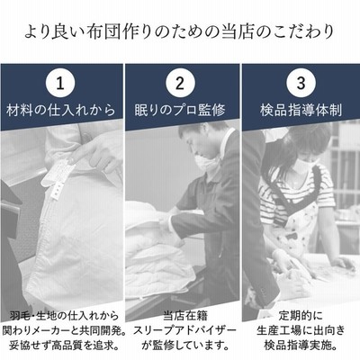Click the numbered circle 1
click(x=60, y=84)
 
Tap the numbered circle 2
click(x=180, y=84)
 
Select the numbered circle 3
click(x=301, y=84)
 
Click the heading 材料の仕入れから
click(x=61, y=110)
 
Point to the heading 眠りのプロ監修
click(x=180, y=110)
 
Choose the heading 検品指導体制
click(x=301, y=110)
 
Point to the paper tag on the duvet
click(x=58, y=178)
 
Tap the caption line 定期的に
click(x=301, y=316)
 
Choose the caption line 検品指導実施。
click(x=301, y=345)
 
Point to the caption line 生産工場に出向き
click(x=301, y=330)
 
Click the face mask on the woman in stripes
click(x=303, y=166)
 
